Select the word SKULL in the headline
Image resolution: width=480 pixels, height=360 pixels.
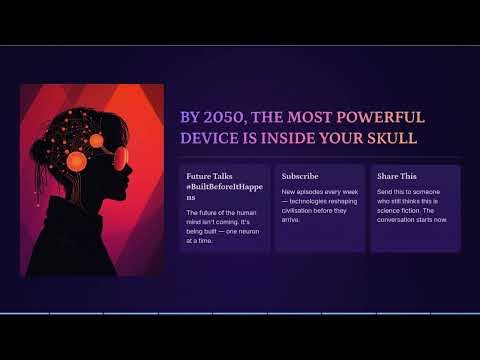pos(387,138)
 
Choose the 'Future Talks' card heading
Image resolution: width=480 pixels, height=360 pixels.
pos(209,176)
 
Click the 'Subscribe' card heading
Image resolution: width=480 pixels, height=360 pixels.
pos(300,176)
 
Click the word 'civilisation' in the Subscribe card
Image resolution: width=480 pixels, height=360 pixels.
pos(301,210)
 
